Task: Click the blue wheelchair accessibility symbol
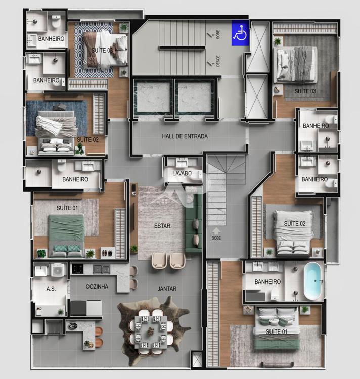coord(240,33)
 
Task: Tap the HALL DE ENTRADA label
coord(185,136)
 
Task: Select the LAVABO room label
coord(182,173)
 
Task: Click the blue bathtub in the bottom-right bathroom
coord(312,281)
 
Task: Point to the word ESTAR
coord(162,226)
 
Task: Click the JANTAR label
coord(167,289)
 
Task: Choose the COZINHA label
coord(97,287)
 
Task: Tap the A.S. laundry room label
coord(51,289)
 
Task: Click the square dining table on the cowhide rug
coord(151,331)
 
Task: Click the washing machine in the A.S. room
coord(58,270)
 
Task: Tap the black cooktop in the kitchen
coord(78,269)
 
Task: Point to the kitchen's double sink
coord(102,269)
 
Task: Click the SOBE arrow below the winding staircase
coord(216,231)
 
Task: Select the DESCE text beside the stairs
coord(218,61)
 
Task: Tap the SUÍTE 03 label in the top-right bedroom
coord(305,91)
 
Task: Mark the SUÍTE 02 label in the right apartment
coord(295,224)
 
